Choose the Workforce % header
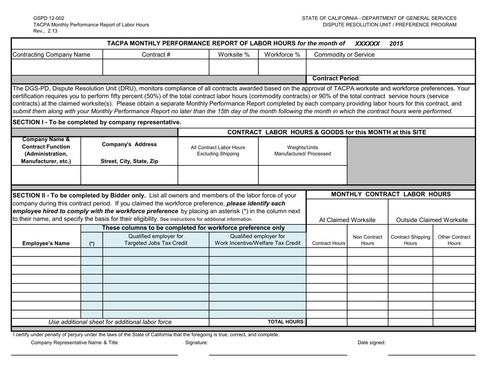click(282, 55)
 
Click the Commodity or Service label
click(346, 55)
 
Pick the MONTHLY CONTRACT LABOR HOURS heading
click(390, 195)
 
